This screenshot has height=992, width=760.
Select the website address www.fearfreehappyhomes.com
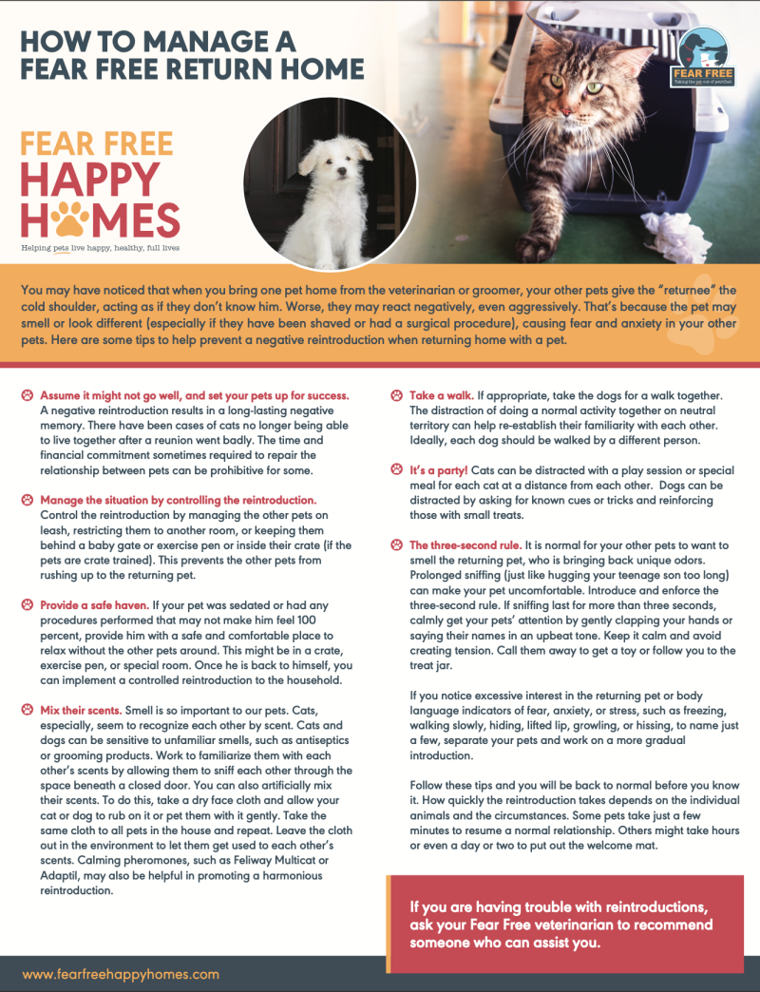(121, 974)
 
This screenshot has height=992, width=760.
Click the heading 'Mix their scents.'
(80, 711)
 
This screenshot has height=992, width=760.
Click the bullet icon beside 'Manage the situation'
(28, 499)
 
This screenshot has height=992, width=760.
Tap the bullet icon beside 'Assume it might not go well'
(28, 394)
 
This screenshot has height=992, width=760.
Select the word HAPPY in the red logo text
(90, 178)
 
